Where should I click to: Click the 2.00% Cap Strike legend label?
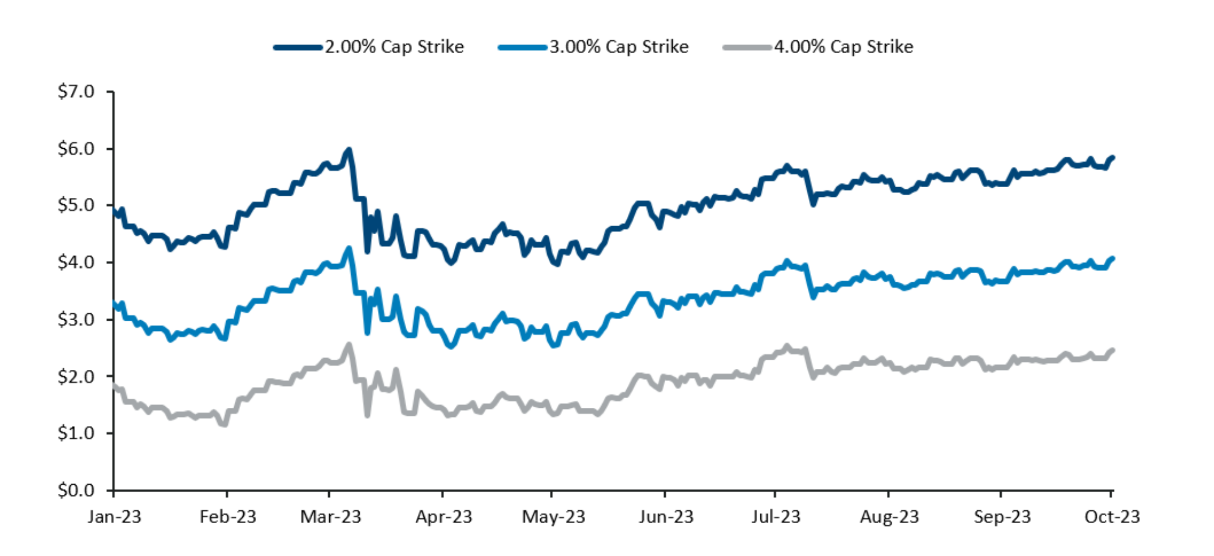coord(394,47)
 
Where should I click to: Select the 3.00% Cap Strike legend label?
coord(619,47)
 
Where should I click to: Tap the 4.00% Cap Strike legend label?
coord(843,47)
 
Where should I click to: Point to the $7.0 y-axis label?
coord(76,92)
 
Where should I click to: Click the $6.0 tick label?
coord(76,149)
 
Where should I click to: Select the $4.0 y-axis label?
coord(76,263)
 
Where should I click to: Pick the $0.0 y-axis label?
coord(76,490)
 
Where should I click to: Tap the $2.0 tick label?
coord(76,377)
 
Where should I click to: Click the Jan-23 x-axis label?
coord(114,517)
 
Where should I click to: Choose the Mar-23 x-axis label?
coord(330,517)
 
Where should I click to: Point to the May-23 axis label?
coord(553,517)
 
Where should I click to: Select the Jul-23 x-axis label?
coord(775,517)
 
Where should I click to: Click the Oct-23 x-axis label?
coord(1112,517)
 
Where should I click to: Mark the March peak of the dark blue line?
coord(349,150)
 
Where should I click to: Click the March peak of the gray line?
coord(349,345)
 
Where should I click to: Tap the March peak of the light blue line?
coord(349,248)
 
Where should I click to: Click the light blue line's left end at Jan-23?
coord(114,303)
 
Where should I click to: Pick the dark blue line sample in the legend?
coord(297,48)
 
